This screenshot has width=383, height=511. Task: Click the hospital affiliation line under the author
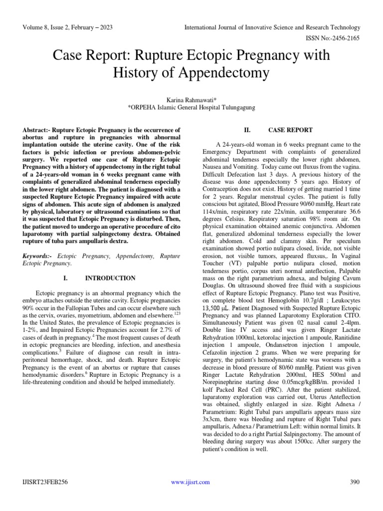click(x=191, y=106)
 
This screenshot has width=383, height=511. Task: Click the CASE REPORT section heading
click(x=290, y=130)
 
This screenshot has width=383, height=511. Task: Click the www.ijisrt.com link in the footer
click(x=191, y=482)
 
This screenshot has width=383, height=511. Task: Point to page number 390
click(x=355, y=482)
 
